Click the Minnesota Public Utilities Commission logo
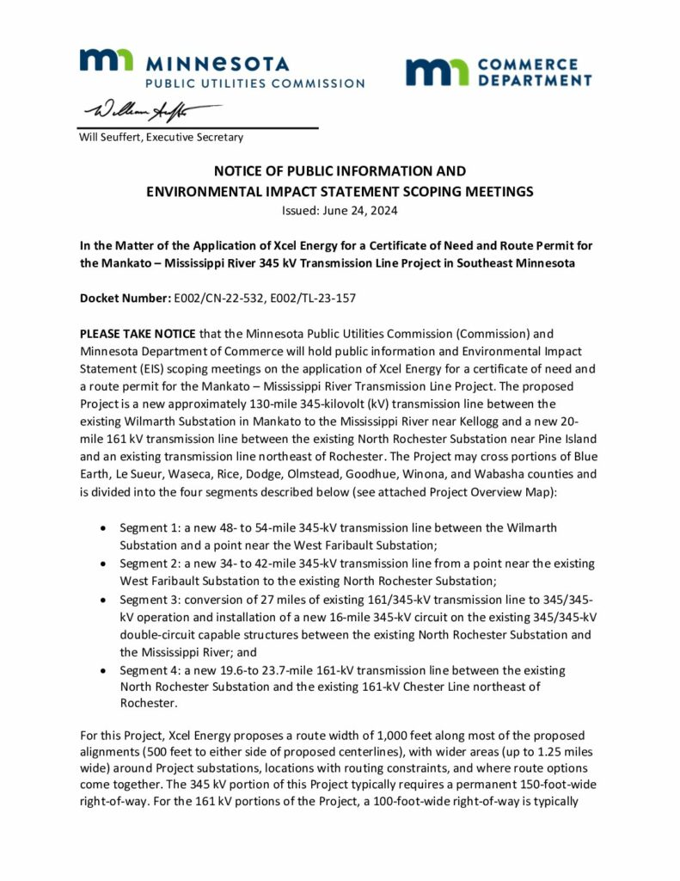222,69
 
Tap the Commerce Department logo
499,72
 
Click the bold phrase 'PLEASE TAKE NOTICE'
138,333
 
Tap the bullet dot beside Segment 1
104,527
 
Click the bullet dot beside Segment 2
104,563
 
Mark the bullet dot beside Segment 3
104,599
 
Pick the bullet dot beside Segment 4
104,670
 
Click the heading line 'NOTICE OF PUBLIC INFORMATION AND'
340,171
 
